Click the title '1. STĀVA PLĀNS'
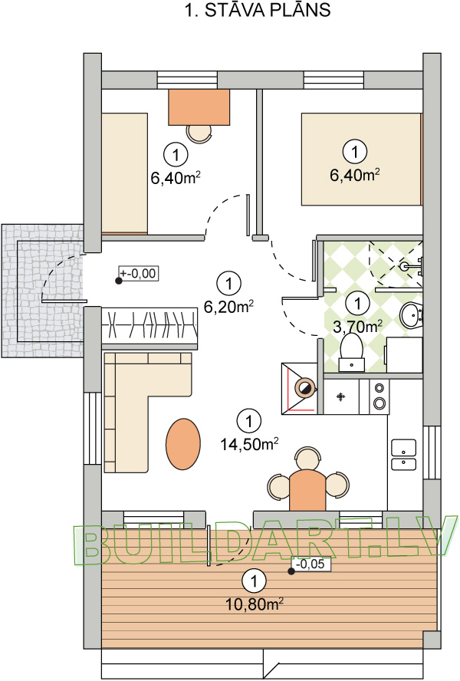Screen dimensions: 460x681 [258, 10]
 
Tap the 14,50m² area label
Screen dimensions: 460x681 [249, 444]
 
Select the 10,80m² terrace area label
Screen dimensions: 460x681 [255, 604]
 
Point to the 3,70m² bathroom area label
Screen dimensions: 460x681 [357, 326]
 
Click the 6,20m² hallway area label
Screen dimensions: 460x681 [229, 307]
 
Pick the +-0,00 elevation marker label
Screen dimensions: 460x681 [138, 273]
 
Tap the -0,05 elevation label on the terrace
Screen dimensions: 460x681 [310, 564]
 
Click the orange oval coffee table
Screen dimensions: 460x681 [183, 443]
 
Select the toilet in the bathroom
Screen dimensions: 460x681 [352, 353]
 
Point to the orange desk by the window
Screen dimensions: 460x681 [199, 107]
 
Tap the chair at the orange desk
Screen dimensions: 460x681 [199, 133]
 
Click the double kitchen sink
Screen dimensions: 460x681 [403, 454]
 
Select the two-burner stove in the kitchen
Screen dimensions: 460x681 [379, 396]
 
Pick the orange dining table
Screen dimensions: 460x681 [307, 490]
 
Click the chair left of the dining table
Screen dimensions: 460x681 [278, 486]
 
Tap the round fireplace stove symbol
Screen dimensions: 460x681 [304, 388]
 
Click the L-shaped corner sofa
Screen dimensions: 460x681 [148, 412]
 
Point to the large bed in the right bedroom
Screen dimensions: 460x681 [361, 159]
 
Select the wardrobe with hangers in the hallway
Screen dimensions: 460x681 [149, 325]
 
